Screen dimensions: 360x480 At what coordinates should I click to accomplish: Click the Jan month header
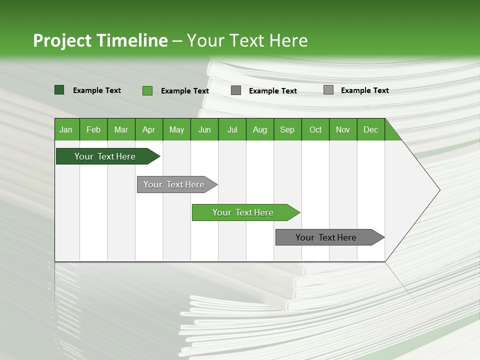pos(66,129)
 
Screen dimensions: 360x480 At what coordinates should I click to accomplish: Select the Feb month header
pos(93,129)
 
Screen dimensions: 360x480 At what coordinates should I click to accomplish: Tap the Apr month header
pos(149,129)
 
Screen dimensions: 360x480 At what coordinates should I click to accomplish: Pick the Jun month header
pos(204,129)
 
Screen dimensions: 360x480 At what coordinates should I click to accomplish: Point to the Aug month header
pos(260,129)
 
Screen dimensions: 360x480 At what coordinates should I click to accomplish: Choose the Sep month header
pos(287,129)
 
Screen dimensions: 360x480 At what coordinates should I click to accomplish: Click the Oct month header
pos(315,129)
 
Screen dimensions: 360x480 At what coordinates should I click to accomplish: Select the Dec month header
pos(371,129)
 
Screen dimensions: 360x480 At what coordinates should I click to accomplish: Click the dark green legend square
pos(59,90)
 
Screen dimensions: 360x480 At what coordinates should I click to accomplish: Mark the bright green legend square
pos(147,90)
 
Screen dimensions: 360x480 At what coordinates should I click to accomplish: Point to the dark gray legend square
pos(236,90)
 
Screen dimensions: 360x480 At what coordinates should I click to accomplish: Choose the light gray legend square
pos(328,90)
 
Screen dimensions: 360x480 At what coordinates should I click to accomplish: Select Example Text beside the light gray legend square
pos(364,90)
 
